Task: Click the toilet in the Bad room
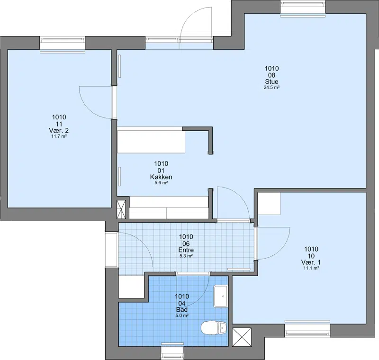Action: coord(214,328)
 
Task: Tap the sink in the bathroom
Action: coord(220,296)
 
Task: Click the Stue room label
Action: coord(271,81)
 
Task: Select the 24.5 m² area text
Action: coord(271,88)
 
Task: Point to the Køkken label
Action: coord(161,177)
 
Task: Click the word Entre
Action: coord(186,250)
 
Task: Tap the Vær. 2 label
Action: coord(59,130)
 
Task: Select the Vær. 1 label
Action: coord(311,262)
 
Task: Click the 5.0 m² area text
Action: coord(182,315)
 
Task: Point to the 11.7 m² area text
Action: coord(59,136)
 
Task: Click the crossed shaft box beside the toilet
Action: coord(242,338)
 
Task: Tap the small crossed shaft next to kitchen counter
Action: coord(121,209)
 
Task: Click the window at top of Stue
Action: coord(303,9)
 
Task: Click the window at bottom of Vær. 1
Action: coord(307,329)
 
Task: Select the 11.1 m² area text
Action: coord(311,268)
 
